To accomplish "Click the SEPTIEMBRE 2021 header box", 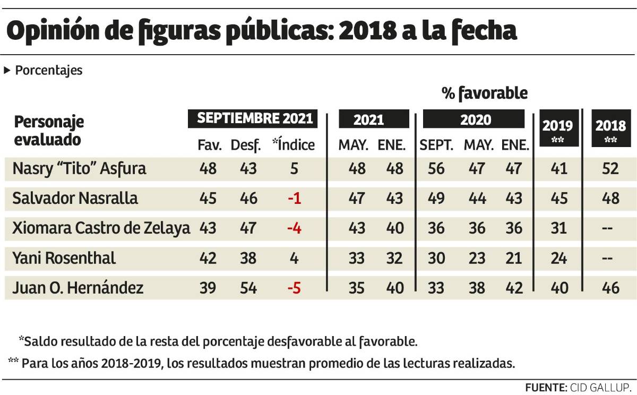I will click(x=255, y=118).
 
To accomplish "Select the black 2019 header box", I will click(x=557, y=129).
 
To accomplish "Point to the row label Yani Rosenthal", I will click(x=65, y=259).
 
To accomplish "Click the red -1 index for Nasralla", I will click(x=294, y=199).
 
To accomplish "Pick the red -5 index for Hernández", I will click(x=294, y=288).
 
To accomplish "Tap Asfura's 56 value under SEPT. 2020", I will click(x=436, y=169).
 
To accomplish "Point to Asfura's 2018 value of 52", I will click(x=611, y=169).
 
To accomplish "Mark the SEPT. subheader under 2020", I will click(x=436, y=145).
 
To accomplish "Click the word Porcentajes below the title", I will click(x=49, y=71).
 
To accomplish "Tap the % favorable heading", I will click(x=485, y=93).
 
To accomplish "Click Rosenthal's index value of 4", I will click(x=295, y=259).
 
